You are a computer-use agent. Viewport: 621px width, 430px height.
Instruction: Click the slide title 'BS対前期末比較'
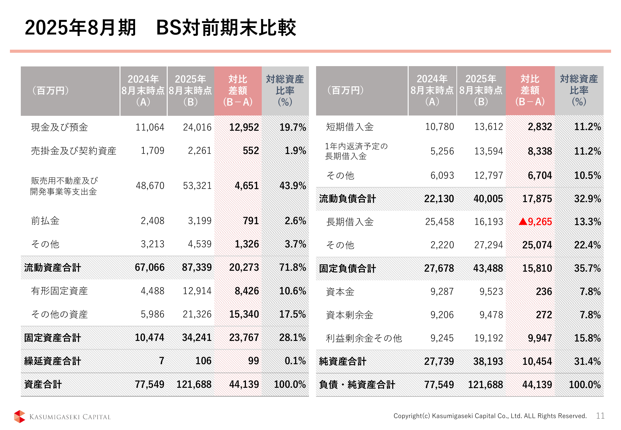click(226, 28)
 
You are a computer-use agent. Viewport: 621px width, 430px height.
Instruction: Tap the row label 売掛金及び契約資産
click(74, 151)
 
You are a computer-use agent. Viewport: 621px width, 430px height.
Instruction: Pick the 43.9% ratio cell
click(292, 186)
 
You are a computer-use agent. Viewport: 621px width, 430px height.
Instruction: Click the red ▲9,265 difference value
click(535, 222)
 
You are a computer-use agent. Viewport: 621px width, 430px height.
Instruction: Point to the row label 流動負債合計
click(347, 199)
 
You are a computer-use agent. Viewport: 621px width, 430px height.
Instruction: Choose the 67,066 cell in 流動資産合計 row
click(149, 267)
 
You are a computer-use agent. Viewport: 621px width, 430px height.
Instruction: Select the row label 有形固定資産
click(59, 291)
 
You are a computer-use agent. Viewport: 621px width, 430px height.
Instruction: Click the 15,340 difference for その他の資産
click(244, 314)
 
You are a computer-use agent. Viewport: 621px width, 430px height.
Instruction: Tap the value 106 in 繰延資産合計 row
click(203, 361)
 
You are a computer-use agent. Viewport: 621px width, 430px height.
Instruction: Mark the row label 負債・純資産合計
click(357, 385)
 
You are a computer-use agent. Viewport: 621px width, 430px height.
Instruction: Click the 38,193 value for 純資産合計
click(488, 361)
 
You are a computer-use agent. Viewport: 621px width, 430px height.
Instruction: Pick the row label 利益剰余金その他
click(364, 338)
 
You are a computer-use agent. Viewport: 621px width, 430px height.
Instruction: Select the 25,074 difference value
click(537, 245)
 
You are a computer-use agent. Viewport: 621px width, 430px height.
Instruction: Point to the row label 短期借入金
click(350, 127)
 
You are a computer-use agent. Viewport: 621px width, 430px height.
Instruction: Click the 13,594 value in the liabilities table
click(488, 151)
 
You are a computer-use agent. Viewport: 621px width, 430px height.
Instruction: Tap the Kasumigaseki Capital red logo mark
click(20, 416)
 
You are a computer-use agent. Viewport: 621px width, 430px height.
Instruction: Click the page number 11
click(600, 416)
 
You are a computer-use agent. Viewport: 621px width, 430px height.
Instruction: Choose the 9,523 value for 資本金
click(491, 292)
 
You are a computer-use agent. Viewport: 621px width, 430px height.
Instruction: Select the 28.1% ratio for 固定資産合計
click(292, 337)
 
